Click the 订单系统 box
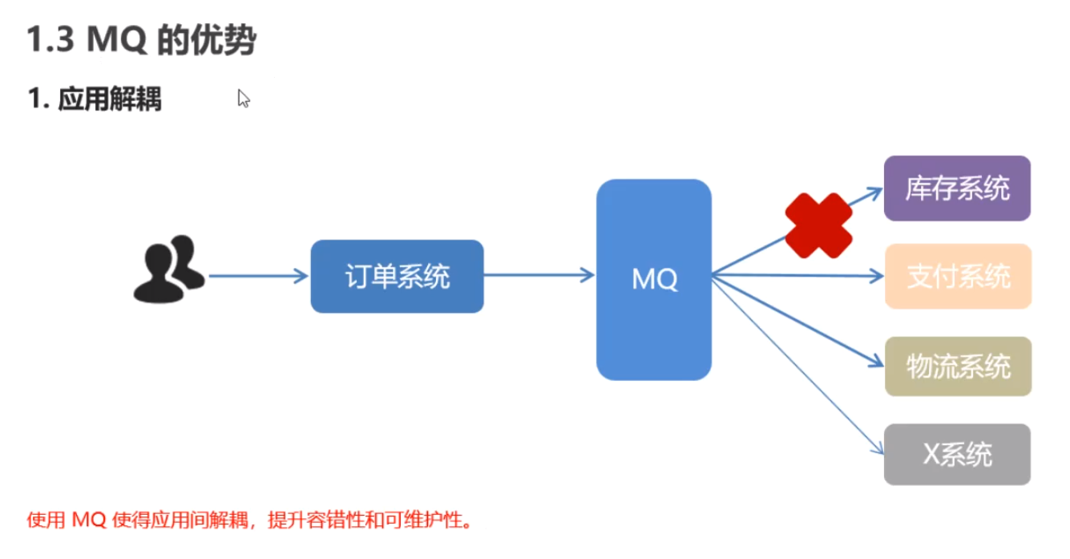coord(397,277)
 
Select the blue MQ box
coord(654,279)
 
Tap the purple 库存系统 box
coord(957,188)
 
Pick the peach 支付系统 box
coord(958,277)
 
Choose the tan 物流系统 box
coord(958,367)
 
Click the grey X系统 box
coord(957,455)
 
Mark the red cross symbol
coord(818,225)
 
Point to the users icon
coord(168,269)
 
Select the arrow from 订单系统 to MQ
coord(539,276)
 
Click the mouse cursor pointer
coord(243,98)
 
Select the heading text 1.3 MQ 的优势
coord(141,40)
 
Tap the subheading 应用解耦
coord(110,99)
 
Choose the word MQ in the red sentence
coord(88,520)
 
